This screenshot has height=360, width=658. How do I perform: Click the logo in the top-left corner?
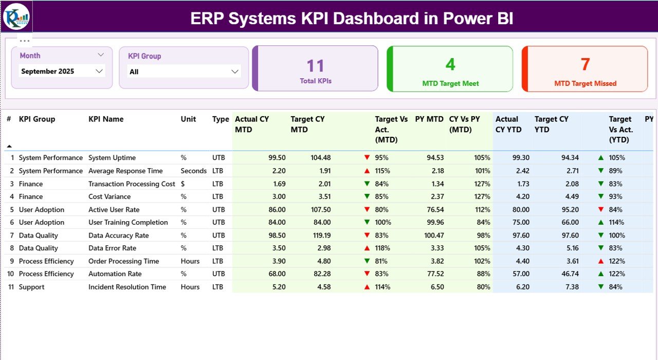16,16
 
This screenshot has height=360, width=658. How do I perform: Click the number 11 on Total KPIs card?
316,66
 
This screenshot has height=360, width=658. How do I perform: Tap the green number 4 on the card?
450,64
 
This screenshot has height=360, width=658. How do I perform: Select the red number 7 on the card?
585,64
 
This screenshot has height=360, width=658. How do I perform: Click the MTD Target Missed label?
585,83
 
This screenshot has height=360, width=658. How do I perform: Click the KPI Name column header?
106,119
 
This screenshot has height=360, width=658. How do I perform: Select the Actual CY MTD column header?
252,124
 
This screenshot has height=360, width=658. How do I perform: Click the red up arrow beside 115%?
367,171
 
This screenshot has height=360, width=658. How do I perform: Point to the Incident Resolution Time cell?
127,287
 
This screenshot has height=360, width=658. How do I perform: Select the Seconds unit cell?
193,171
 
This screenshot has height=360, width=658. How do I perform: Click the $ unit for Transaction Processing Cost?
182,184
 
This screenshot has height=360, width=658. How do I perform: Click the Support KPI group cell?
31,287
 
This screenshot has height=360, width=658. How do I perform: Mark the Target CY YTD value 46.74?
568,274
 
